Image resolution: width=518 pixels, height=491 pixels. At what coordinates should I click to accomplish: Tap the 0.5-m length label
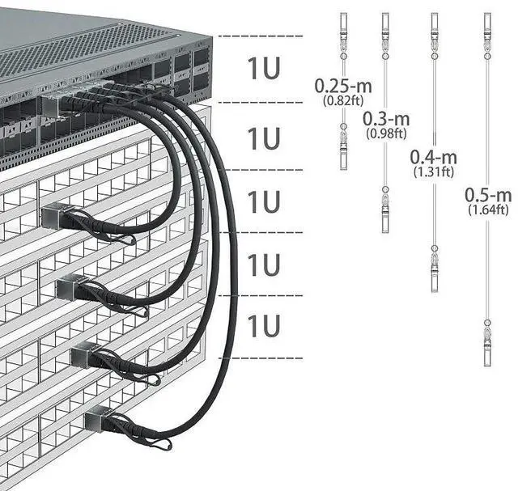[x=488, y=195]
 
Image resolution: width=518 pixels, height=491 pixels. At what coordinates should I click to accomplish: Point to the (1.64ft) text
[x=488, y=210]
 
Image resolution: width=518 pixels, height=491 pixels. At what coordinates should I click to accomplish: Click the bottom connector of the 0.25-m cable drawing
[x=343, y=149]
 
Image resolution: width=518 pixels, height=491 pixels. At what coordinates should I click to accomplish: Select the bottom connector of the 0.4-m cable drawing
[x=434, y=267]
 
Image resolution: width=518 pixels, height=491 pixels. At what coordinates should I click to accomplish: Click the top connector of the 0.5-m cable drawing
[x=487, y=29]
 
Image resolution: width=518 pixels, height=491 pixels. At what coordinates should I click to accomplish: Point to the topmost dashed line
[x=260, y=36]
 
